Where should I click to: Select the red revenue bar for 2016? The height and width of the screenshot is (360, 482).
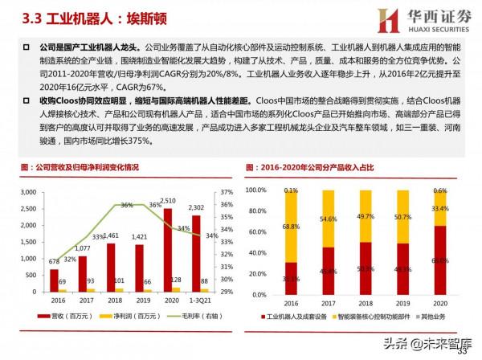(53, 278)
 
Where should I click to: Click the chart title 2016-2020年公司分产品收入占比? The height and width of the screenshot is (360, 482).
(321, 167)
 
